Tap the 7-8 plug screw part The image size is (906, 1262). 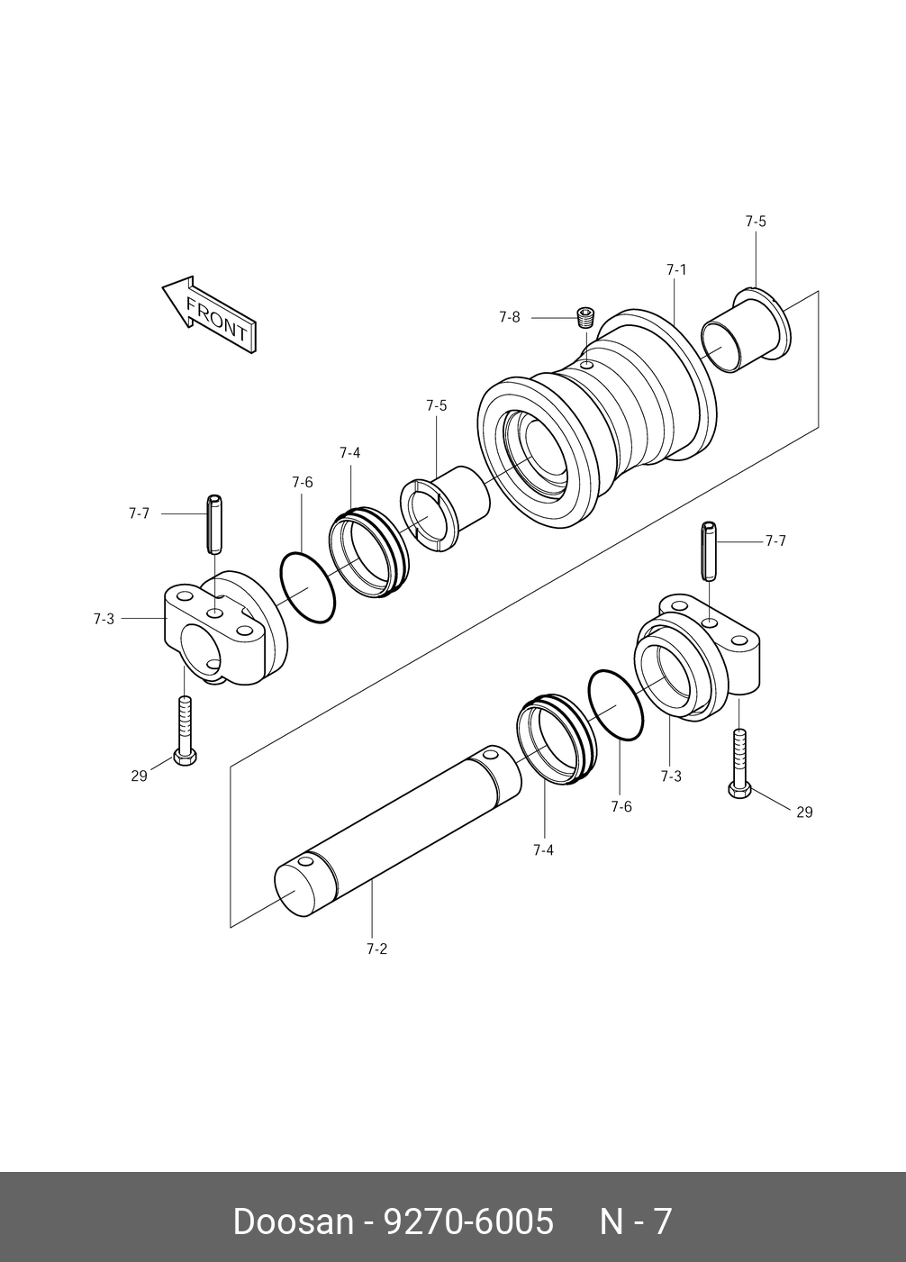click(x=585, y=317)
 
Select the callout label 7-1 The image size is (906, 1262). click(x=676, y=269)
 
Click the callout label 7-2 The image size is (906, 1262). click(x=376, y=949)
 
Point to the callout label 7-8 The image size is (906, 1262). click(x=509, y=317)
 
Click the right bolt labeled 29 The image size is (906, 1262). click(x=739, y=766)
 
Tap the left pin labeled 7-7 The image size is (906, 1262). click(x=214, y=524)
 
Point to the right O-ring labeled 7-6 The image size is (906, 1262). click(x=616, y=705)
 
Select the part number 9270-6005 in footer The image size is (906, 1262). click(x=468, y=1221)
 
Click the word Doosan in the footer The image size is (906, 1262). click(x=293, y=1221)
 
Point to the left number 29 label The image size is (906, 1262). click(x=139, y=776)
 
